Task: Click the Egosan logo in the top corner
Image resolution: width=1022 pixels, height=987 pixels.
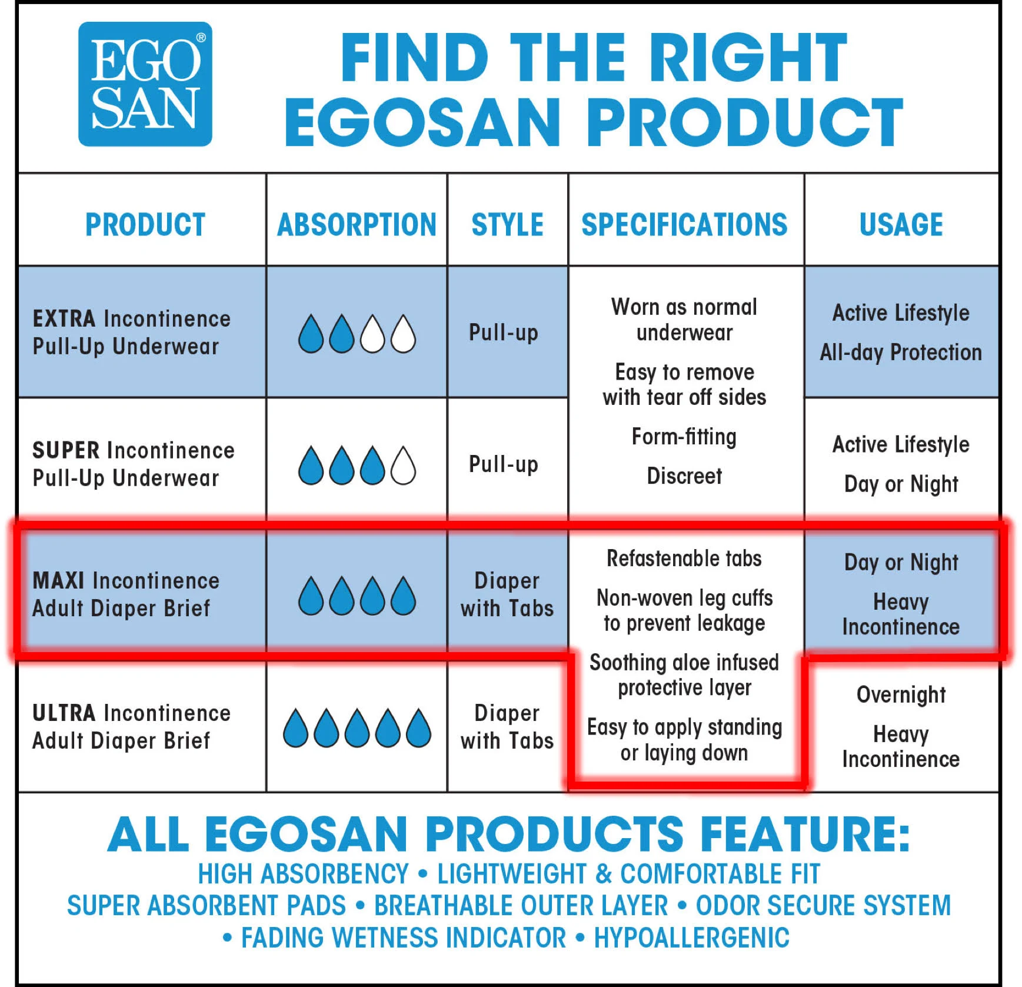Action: tap(145, 84)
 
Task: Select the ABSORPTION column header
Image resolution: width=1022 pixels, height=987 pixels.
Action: tap(357, 225)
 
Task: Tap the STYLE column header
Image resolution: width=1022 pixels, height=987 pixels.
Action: tap(507, 225)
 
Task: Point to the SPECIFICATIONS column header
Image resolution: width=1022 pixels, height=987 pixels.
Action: tap(684, 225)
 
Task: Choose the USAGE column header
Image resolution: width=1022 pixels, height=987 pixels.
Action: tap(901, 225)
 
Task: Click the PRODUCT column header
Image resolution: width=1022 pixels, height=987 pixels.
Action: tap(145, 225)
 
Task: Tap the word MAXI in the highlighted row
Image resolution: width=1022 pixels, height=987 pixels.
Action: tap(58, 580)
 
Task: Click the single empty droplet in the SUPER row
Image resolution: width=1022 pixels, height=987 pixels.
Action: tap(403, 465)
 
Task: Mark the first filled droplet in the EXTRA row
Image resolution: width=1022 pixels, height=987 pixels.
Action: tap(311, 334)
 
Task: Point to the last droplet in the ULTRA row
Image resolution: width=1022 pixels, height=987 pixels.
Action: tap(418, 727)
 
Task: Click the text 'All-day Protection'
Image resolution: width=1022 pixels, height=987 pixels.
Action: tap(901, 353)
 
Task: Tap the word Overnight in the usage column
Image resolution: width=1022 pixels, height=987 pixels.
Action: tap(901, 694)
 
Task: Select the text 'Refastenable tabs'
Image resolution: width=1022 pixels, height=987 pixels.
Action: tap(684, 558)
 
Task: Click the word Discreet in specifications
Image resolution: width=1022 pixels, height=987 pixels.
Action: tap(684, 476)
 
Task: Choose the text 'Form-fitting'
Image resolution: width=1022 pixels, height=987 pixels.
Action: tap(684, 437)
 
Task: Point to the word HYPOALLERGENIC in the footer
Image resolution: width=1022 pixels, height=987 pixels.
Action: tap(691, 938)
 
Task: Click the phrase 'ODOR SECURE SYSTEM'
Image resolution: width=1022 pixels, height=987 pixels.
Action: tap(823, 905)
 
